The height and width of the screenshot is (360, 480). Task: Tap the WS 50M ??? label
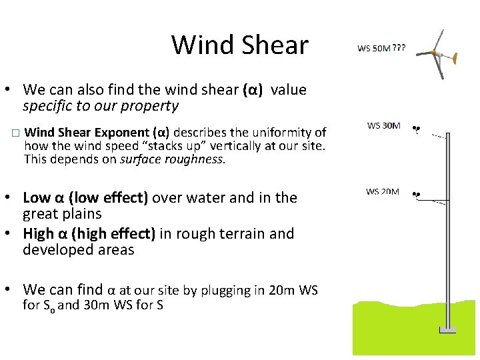click(381, 49)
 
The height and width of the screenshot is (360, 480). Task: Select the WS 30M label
click(384, 125)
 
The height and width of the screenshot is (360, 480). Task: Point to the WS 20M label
click(383, 192)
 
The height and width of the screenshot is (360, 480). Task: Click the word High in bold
click(37, 233)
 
